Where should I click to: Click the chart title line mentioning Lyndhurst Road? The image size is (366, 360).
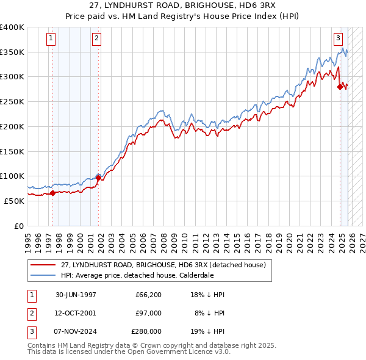tap(183, 7)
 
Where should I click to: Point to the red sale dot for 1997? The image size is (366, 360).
tap(52, 193)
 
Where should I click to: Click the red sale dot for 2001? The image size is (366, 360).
tap(98, 178)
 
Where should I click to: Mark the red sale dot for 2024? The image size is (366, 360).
tap(340, 87)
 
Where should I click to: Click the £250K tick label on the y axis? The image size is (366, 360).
tap(12, 102)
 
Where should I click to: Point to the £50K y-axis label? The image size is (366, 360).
tap(15, 201)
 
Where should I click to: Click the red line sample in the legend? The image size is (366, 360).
tap(43, 265)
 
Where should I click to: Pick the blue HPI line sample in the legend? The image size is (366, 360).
tap(43, 275)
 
